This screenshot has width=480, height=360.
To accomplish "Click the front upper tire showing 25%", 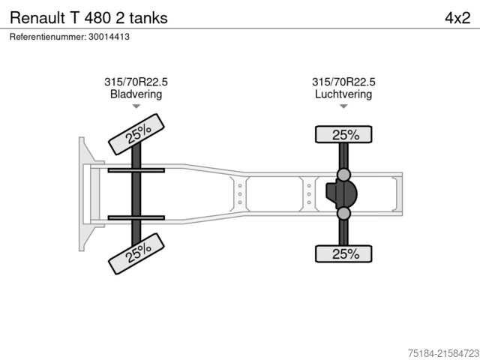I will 137,133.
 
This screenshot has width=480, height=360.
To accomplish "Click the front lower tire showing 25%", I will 137,253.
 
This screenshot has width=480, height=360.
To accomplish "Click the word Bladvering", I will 136,94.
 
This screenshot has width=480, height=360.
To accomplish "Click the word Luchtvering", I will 343,94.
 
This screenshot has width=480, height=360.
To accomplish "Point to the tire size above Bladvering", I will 136,82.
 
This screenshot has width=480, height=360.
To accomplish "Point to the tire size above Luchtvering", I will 343,82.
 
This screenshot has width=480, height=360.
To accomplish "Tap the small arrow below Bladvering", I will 136,106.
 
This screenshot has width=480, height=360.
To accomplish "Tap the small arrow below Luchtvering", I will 343,106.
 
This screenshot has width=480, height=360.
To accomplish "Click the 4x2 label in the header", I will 457,17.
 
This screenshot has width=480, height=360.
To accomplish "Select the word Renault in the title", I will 35,17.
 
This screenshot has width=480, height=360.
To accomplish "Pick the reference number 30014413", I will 109,37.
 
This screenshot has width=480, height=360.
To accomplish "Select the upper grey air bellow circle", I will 343,175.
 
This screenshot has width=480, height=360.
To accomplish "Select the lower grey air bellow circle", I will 343,214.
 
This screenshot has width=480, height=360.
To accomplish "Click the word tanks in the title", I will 148,17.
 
